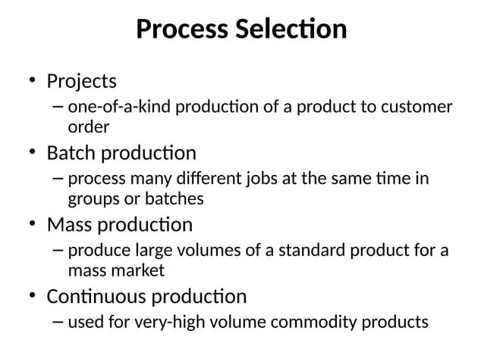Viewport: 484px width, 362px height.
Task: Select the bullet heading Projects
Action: point(82,80)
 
